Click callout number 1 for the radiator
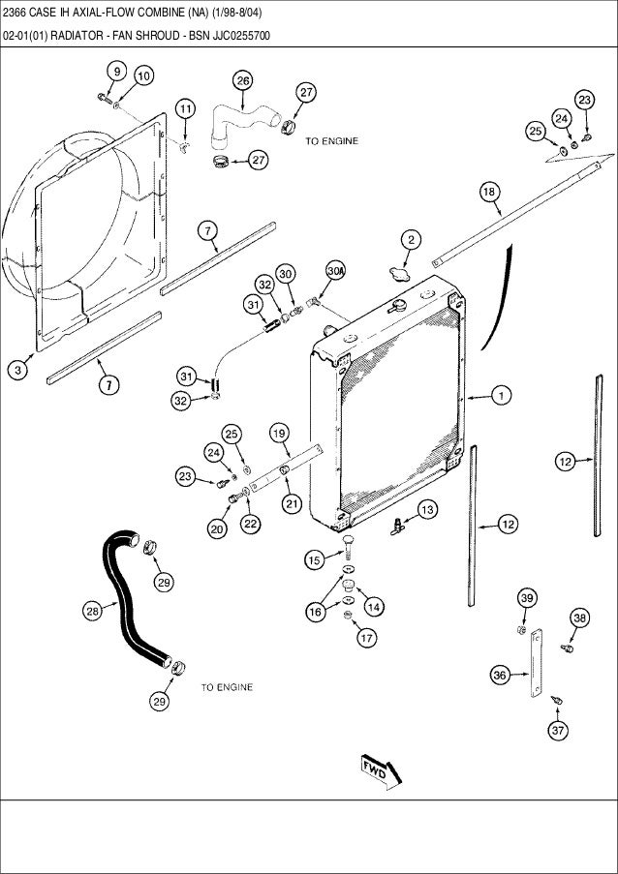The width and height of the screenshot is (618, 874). [x=501, y=395]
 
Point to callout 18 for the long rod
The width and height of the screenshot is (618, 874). [x=490, y=193]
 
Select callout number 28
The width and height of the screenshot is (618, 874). [x=92, y=611]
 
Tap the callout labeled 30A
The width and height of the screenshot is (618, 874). [x=335, y=273]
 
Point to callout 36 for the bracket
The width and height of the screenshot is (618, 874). [x=500, y=676]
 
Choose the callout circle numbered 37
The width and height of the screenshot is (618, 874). [x=558, y=731]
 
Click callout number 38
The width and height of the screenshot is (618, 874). [x=579, y=618]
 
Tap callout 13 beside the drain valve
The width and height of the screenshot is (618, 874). [x=426, y=508]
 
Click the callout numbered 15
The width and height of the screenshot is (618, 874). [x=314, y=558]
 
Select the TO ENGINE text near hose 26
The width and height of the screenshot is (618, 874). [x=331, y=141]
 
